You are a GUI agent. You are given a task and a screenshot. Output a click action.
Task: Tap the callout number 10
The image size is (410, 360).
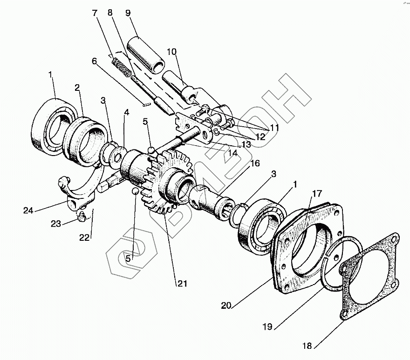tap(172, 52)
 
